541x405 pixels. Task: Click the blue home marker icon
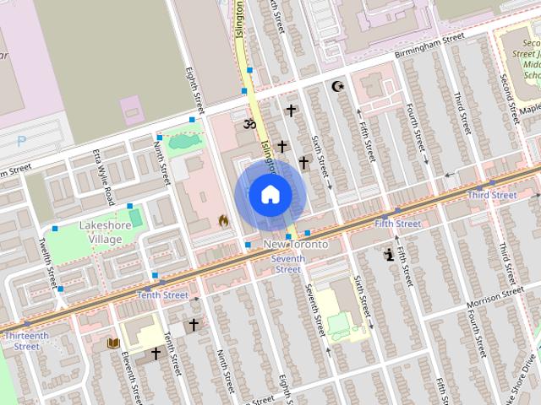pos(270,194)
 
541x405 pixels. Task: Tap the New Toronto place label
pos(296,244)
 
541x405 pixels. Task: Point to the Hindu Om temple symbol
pos(249,124)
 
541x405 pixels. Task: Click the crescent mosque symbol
pos(339,87)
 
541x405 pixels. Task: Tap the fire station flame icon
pos(223,221)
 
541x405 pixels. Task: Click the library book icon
pos(113,343)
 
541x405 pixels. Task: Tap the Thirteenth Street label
pos(27,341)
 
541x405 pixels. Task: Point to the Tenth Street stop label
pos(162,295)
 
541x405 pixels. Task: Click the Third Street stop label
pos(492,195)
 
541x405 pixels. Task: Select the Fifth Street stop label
pos(397,224)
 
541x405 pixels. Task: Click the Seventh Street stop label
pos(288,263)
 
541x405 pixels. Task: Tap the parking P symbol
pos(21,141)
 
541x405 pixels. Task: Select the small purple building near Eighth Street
pos(132,109)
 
